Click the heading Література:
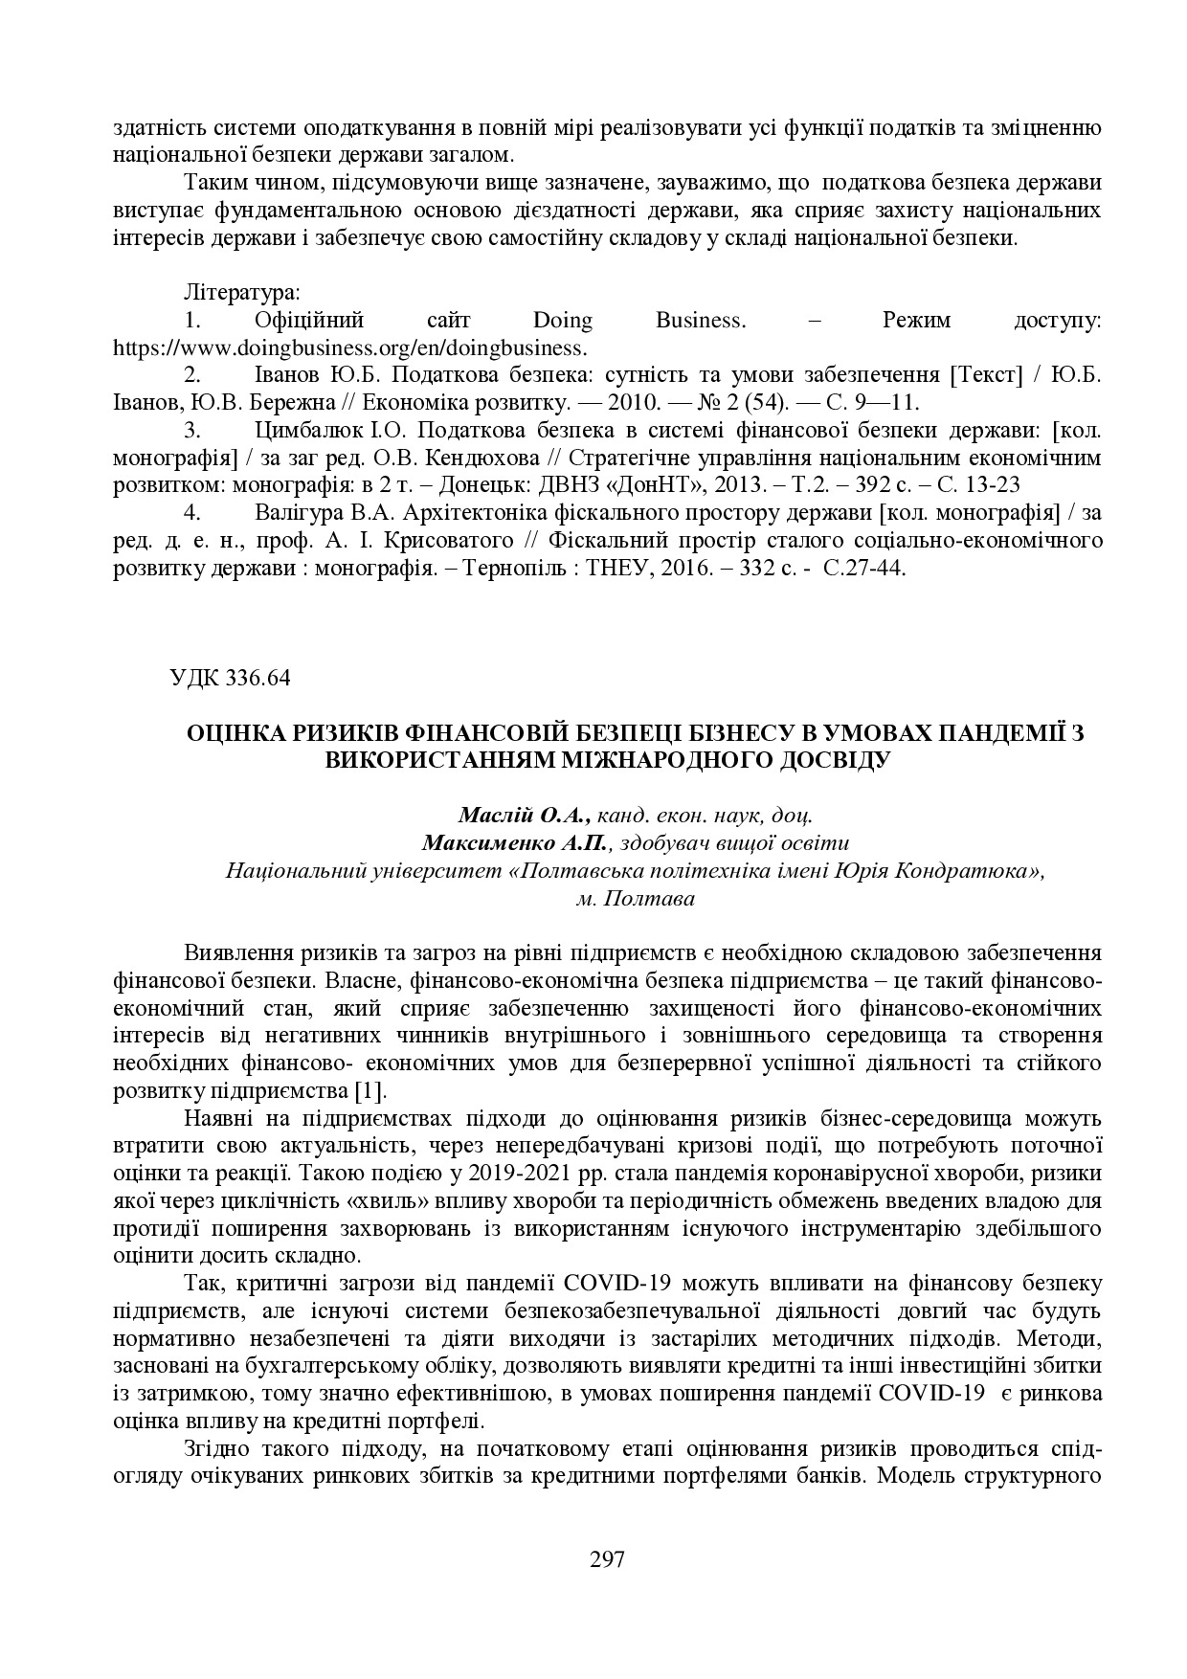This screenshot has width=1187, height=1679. [241, 291]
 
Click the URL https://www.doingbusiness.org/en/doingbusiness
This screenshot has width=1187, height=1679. [350, 347]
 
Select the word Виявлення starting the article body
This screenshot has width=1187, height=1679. [236, 953]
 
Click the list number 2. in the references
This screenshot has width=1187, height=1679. [191, 374]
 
